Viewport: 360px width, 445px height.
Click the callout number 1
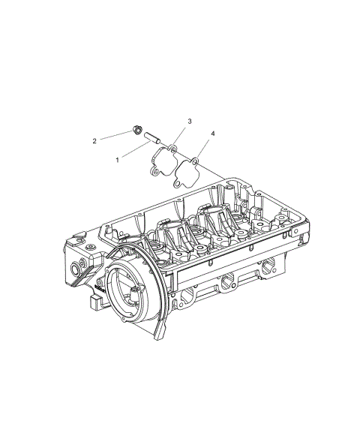pyautogui.click(x=117, y=160)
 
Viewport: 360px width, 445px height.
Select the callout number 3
pyautogui.click(x=190, y=121)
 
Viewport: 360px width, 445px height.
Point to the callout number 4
pyautogui.click(x=213, y=133)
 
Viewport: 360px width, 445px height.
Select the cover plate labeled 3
pyautogui.click(x=163, y=161)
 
